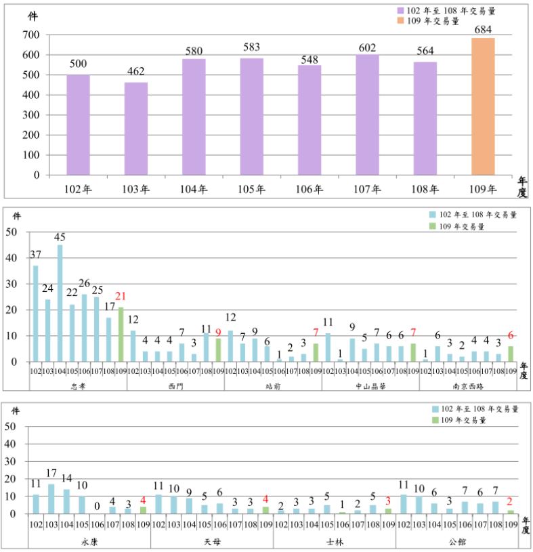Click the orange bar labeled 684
click(x=483, y=106)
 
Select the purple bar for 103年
click(x=135, y=129)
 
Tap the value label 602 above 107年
click(x=368, y=47)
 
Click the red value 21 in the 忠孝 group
click(x=122, y=295)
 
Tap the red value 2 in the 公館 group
click(x=509, y=502)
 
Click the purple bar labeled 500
click(x=78, y=125)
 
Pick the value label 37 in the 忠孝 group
click(x=35, y=254)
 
